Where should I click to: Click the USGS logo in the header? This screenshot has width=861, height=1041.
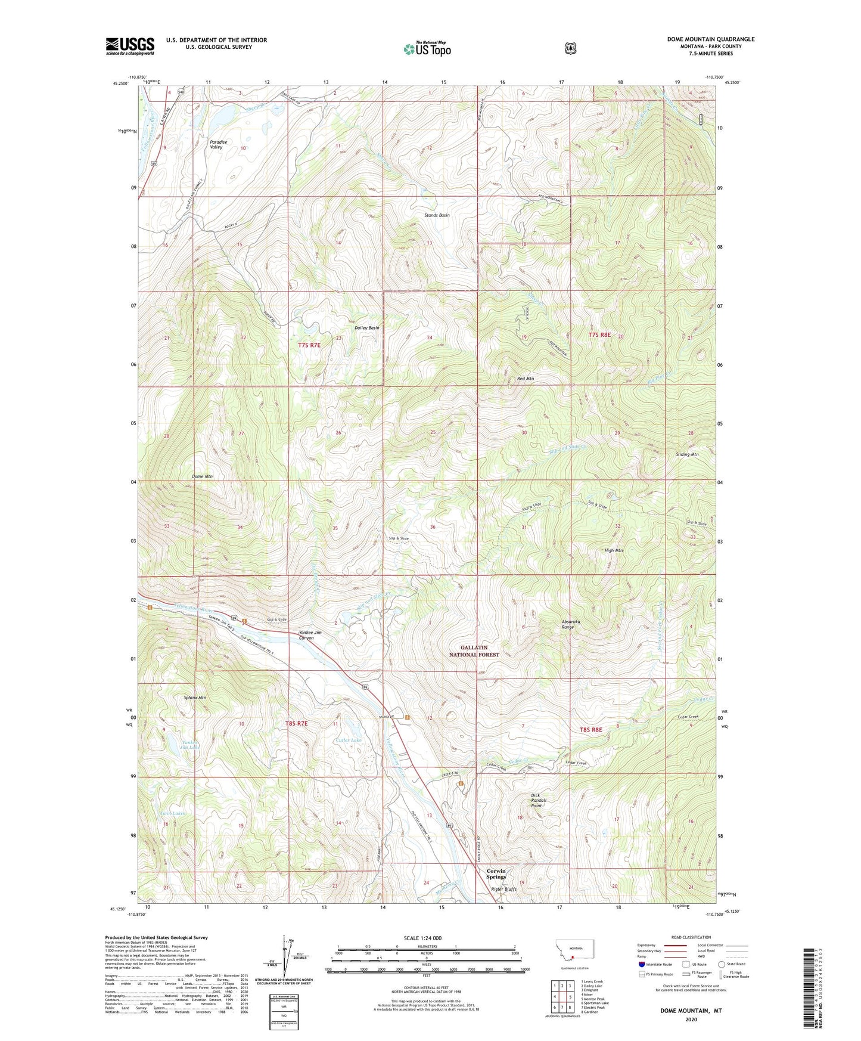[130, 46]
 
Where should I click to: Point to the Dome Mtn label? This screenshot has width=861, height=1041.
[202, 477]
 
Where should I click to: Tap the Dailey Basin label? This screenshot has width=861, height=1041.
[366, 328]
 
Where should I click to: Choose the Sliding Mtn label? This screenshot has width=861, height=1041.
[686, 454]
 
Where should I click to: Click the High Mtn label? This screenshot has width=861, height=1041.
[613, 550]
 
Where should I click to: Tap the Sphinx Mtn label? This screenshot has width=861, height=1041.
[195, 698]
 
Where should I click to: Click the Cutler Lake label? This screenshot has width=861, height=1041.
[349, 740]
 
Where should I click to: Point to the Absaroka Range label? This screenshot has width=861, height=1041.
[571, 624]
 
